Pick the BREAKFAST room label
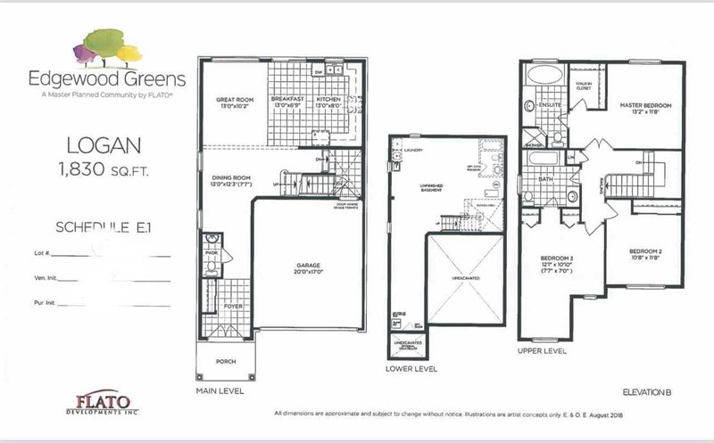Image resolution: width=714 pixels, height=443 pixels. (x=289, y=101)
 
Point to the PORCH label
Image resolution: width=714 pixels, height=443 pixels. (x=225, y=362)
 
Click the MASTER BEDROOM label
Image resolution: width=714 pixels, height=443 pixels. (x=645, y=105)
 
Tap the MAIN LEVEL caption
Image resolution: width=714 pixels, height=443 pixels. (x=219, y=390)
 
